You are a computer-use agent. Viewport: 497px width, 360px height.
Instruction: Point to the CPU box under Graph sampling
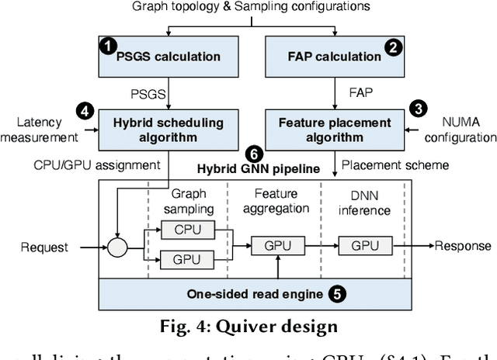click(x=186, y=230)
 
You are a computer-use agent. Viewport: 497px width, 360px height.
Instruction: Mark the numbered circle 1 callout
click(x=106, y=47)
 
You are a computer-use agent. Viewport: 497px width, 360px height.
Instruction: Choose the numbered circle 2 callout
click(x=394, y=47)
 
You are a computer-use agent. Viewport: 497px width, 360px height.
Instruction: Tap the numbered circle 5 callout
click(x=336, y=294)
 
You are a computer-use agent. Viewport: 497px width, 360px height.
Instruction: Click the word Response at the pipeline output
click(x=463, y=246)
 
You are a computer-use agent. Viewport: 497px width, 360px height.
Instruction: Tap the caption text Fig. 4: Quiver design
click(x=248, y=325)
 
